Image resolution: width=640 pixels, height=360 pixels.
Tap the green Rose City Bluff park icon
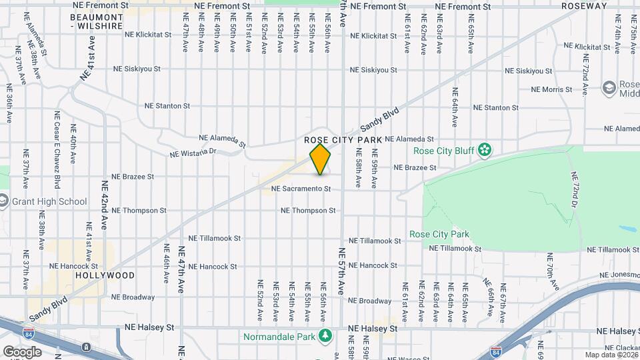(x=486, y=151)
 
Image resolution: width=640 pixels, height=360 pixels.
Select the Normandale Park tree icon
(x=325, y=336)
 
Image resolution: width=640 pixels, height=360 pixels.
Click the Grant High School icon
(x=3, y=201)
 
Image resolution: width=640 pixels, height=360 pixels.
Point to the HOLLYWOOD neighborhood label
(x=105, y=275)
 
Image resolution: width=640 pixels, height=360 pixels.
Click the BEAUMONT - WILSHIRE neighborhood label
(x=97, y=21)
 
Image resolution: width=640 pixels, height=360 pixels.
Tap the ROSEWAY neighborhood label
(x=584, y=6)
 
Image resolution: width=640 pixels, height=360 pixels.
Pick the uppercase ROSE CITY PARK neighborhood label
(x=343, y=140)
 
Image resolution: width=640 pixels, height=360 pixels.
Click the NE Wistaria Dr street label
(x=193, y=152)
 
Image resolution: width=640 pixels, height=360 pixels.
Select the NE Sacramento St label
(x=301, y=189)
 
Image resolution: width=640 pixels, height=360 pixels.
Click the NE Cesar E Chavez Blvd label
(x=57, y=149)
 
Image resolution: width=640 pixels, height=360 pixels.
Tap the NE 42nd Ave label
(x=104, y=205)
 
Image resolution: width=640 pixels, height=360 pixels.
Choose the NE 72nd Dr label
(x=575, y=189)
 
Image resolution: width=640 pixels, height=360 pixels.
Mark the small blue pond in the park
(x=627, y=229)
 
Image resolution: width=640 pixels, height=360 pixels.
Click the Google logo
(x=22, y=351)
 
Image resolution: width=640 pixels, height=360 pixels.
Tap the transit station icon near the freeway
(x=87, y=347)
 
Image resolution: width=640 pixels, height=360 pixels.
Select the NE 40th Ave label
(x=73, y=150)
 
